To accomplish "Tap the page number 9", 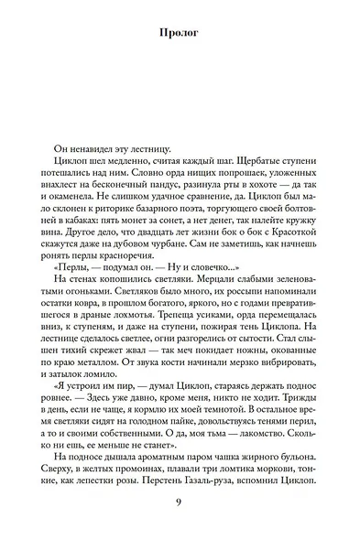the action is (x=180, y=502).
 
